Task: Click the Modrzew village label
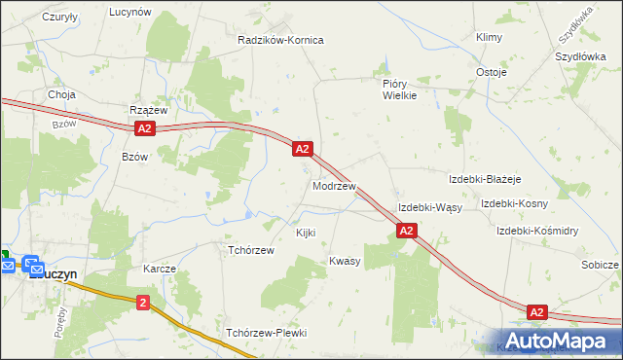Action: pyautogui.click(x=334, y=185)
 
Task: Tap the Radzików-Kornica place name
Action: pyautogui.click(x=280, y=40)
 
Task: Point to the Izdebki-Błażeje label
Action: pyautogui.click(x=485, y=180)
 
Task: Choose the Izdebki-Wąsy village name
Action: pyautogui.click(x=429, y=208)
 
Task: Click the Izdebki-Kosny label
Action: pyautogui.click(x=514, y=203)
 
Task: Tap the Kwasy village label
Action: pyautogui.click(x=345, y=261)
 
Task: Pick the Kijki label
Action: pyautogui.click(x=306, y=234)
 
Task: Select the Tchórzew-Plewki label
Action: pyautogui.click(x=267, y=333)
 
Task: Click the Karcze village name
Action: pyautogui.click(x=159, y=269)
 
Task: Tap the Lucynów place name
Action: pyautogui.click(x=130, y=12)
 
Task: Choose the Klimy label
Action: pyautogui.click(x=488, y=37)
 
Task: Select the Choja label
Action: pyautogui.click(x=62, y=95)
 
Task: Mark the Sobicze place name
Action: pyautogui.click(x=600, y=265)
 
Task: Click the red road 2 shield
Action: pyautogui.click(x=144, y=303)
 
